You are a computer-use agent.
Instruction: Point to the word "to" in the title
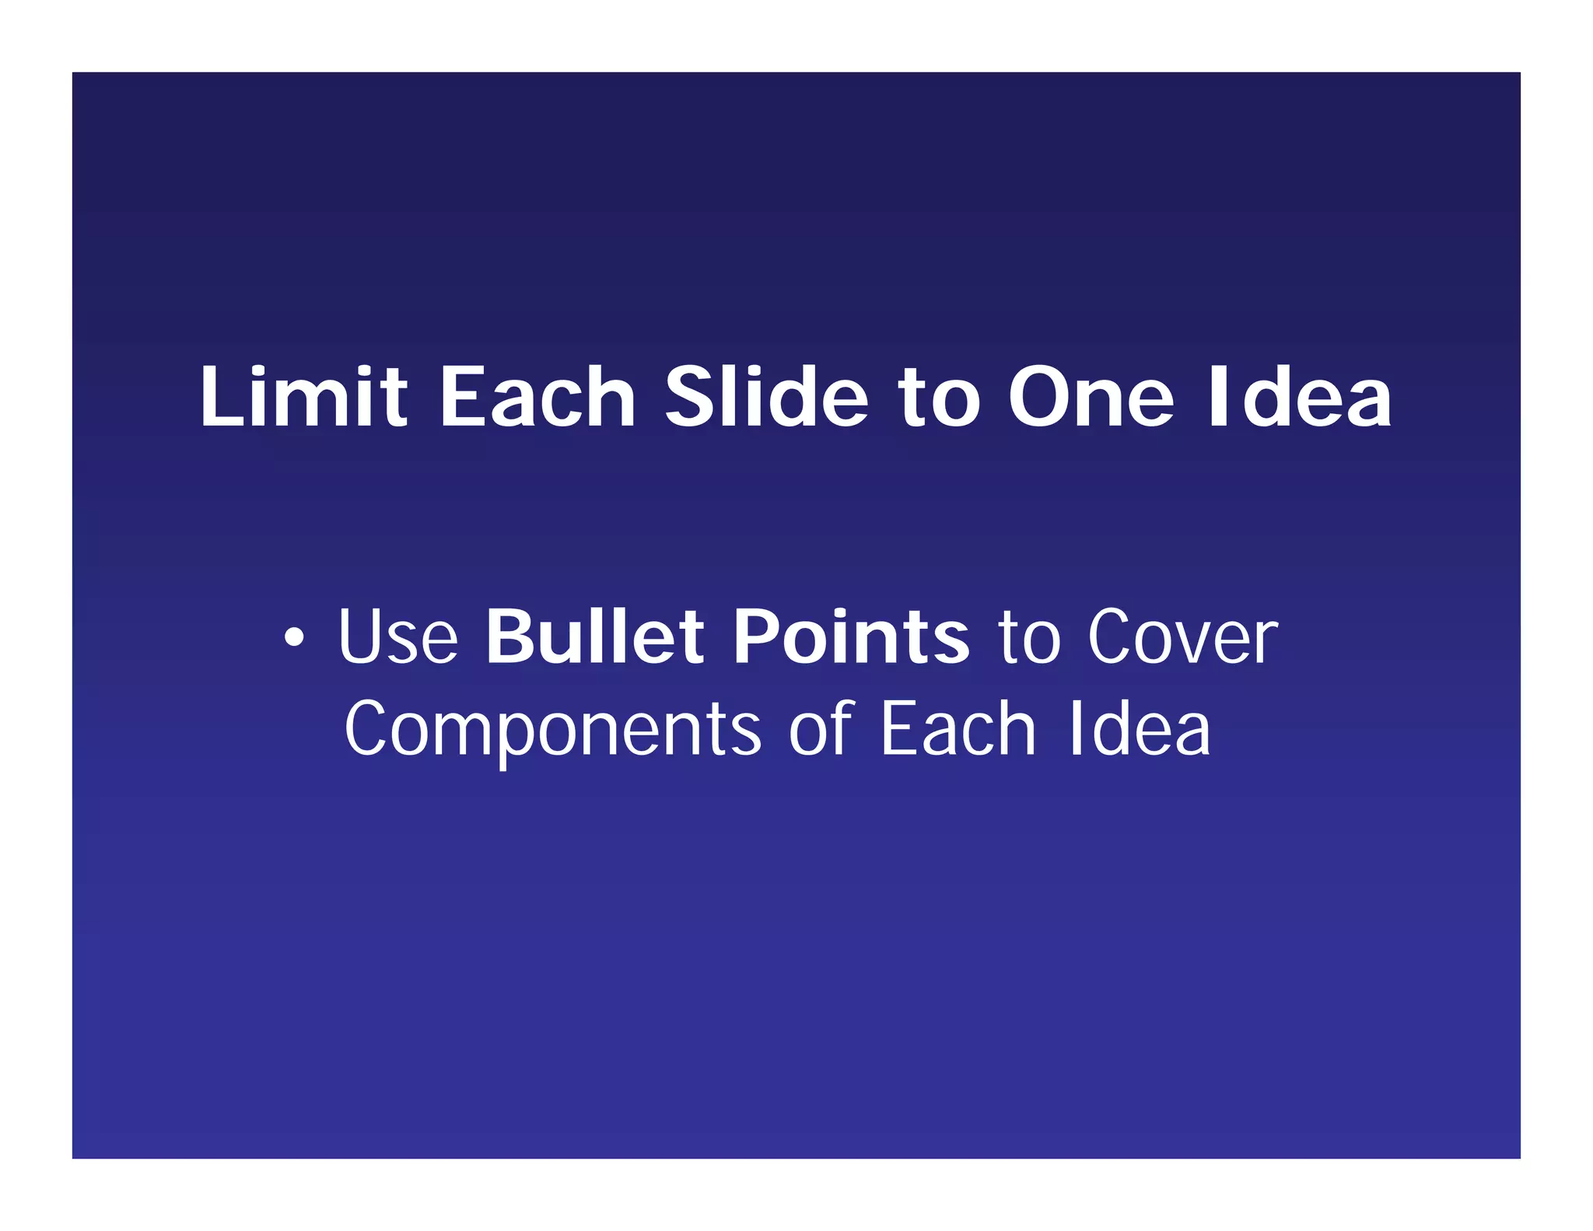[939, 398]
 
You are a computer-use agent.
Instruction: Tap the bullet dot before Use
[293, 639]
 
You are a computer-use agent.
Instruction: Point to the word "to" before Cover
[1029, 638]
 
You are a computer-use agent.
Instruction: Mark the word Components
[552, 730]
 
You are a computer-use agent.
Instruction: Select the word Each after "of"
[958, 728]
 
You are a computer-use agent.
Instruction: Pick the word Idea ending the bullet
[1140, 728]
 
